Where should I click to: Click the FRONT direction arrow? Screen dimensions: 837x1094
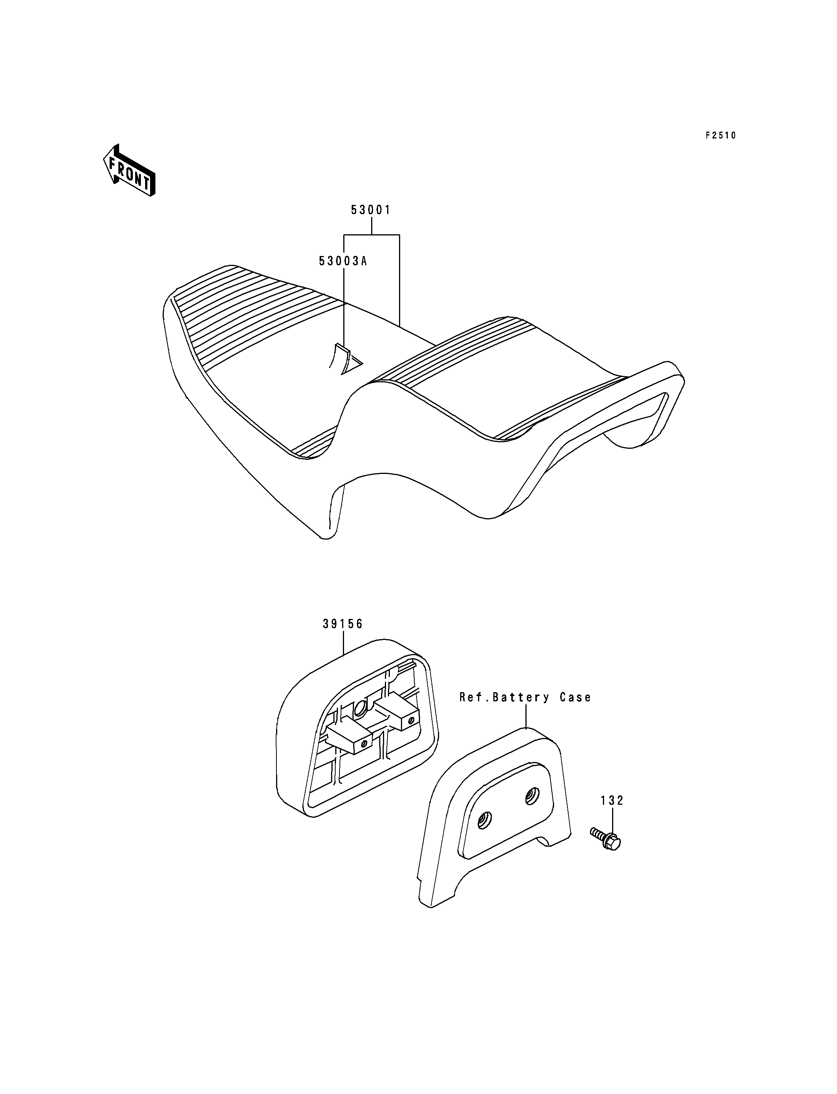coord(129,170)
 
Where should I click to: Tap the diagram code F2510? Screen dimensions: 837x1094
coord(720,135)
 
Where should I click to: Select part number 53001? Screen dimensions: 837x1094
coord(371,210)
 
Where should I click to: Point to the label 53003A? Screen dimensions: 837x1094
coord(343,261)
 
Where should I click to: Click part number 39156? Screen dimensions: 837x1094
coord(343,624)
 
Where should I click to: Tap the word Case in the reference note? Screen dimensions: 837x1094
coord(575,698)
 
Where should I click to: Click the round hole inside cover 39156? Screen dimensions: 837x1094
coord(361,710)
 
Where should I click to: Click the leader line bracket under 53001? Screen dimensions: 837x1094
coord(372,235)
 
